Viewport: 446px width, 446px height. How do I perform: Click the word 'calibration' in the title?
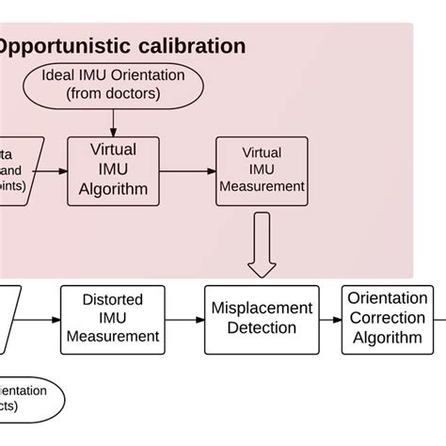coord(191,46)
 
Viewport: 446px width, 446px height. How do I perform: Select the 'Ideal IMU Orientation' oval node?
coord(114,84)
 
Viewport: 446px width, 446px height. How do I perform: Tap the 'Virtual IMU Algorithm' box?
coord(113,169)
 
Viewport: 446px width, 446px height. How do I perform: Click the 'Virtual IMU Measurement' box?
coord(262,169)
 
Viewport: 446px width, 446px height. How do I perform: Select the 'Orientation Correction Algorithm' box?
coord(387,319)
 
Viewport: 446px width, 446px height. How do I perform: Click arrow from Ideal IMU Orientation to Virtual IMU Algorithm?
coord(114,120)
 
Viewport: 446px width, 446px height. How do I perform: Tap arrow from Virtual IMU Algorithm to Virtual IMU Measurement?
coord(187,170)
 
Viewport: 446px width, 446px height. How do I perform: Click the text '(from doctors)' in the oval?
coord(113,92)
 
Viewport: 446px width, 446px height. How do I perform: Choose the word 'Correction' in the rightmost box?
coord(387,319)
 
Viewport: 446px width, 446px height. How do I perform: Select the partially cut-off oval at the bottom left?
coord(28,398)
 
